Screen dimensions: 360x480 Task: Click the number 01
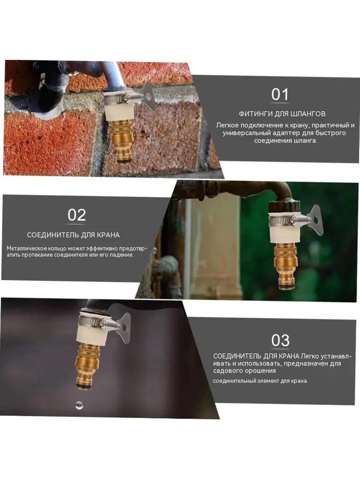[280, 94]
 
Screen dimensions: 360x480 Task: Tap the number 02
[76, 215]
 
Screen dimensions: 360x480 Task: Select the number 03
[280, 340]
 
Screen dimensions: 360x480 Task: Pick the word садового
[228, 371]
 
